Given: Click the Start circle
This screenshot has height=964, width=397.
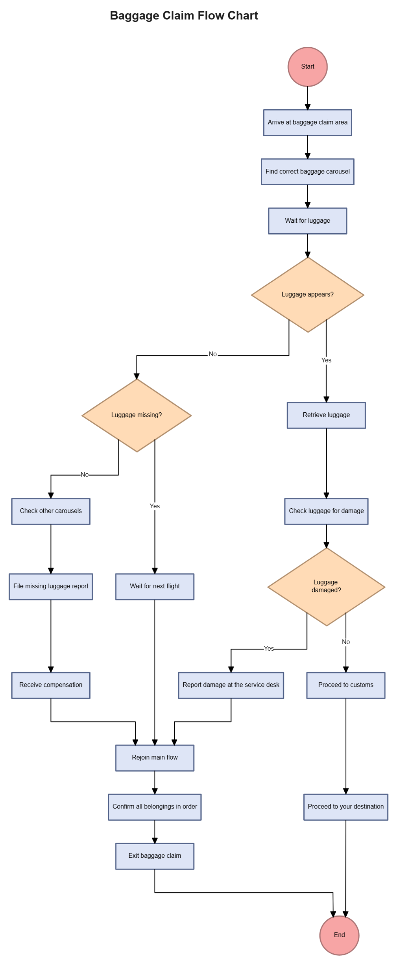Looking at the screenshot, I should [307, 67].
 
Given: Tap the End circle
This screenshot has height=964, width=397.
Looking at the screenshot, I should [339, 935].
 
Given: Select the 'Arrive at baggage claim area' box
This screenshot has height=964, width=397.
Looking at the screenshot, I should [307, 122].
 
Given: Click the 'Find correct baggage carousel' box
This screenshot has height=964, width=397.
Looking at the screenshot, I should [307, 171].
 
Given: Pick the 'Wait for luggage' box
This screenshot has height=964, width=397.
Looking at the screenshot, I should [307, 220].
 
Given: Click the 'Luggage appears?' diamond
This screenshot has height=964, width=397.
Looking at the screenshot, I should [307, 295].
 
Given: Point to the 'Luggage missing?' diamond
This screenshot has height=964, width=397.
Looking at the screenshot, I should [137, 415].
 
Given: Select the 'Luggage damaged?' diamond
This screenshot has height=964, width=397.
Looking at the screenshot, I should [326, 586].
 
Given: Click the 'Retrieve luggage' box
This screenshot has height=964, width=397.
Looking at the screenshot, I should [326, 415].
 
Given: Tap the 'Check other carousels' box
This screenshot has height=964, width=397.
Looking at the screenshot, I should [51, 511].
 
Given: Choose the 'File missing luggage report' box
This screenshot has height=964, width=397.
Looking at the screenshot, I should [51, 586].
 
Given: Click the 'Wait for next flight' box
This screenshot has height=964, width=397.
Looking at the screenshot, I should [154, 586].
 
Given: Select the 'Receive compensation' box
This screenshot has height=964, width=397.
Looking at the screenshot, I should [51, 684].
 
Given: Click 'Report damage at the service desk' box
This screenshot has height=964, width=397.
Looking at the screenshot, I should [231, 684].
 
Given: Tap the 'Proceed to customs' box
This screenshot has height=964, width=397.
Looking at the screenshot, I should [345, 684].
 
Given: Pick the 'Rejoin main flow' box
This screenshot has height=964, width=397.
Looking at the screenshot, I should [154, 757].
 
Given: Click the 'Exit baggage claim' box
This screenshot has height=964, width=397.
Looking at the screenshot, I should [154, 855].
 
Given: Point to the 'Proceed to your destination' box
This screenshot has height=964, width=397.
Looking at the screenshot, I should [345, 806].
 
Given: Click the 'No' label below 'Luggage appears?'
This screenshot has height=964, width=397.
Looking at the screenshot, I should [212, 354].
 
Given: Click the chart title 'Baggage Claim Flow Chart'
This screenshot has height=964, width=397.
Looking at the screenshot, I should [184, 16].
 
